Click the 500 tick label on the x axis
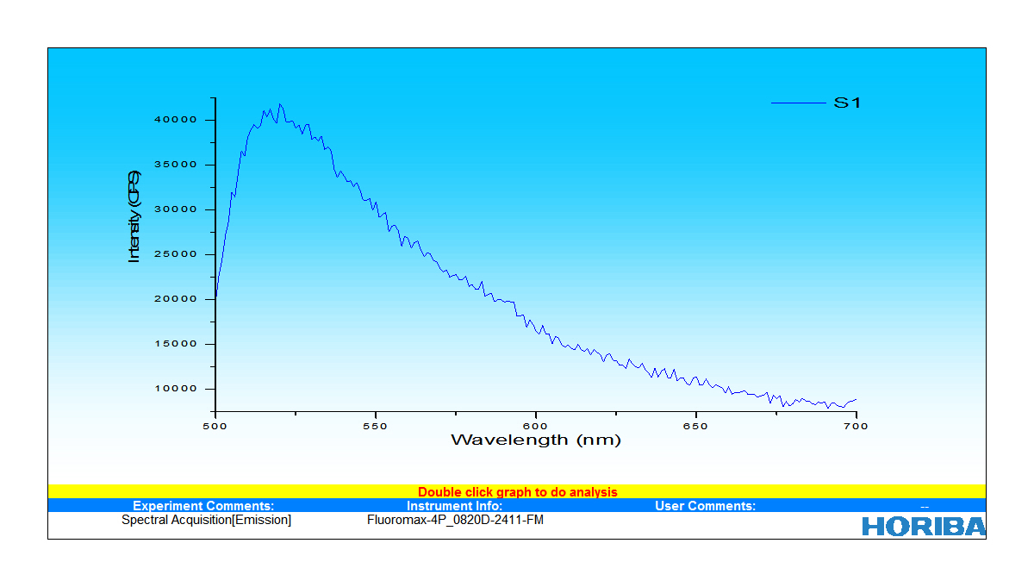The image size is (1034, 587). (215, 426)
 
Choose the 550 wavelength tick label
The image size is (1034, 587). (376, 426)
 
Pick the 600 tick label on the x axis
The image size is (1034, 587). (536, 426)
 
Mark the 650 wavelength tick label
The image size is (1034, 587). (696, 426)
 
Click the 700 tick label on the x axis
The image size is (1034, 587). (856, 426)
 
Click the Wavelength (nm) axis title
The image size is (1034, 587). (535, 440)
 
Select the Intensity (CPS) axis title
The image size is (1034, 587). (134, 216)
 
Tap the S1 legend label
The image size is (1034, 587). (847, 103)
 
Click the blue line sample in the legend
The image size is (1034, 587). (797, 103)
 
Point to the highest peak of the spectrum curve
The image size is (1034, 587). (279, 104)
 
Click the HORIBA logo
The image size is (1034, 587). (924, 526)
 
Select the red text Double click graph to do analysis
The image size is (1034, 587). (517, 492)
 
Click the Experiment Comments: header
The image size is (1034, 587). (203, 506)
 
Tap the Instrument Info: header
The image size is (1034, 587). (454, 506)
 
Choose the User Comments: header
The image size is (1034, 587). (705, 506)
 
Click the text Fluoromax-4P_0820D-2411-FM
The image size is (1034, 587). (455, 520)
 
